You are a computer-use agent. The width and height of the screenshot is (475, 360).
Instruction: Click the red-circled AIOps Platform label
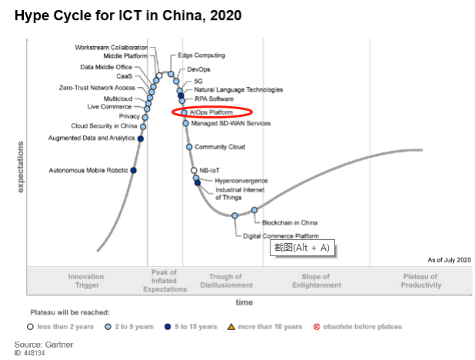[211, 112]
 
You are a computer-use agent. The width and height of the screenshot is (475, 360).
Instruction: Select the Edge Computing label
[201, 55]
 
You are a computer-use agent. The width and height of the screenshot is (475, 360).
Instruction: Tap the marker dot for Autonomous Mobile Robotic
[134, 170]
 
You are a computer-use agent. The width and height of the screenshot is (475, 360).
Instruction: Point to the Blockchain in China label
[290, 222]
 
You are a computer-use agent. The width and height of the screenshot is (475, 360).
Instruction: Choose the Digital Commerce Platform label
[281, 235]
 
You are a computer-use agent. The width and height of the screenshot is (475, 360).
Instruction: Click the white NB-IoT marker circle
[194, 170]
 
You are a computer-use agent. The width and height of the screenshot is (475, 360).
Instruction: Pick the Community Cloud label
[220, 147]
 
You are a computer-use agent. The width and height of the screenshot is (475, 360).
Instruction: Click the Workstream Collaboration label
[111, 47]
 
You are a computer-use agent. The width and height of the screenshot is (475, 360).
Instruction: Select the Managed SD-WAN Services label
[231, 123]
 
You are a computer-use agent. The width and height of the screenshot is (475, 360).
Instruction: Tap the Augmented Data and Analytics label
[91, 138]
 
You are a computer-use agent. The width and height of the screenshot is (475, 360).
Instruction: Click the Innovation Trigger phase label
[85, 281]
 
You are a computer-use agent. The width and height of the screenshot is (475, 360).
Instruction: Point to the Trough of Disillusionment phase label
[225, 281]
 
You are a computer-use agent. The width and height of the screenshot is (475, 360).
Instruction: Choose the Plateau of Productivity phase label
[420, 281]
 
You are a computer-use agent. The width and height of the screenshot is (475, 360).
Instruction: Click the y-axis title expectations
[20, 165]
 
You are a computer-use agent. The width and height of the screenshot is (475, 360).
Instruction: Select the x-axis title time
[244, 302]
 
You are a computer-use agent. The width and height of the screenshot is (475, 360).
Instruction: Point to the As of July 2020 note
[450, 260]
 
